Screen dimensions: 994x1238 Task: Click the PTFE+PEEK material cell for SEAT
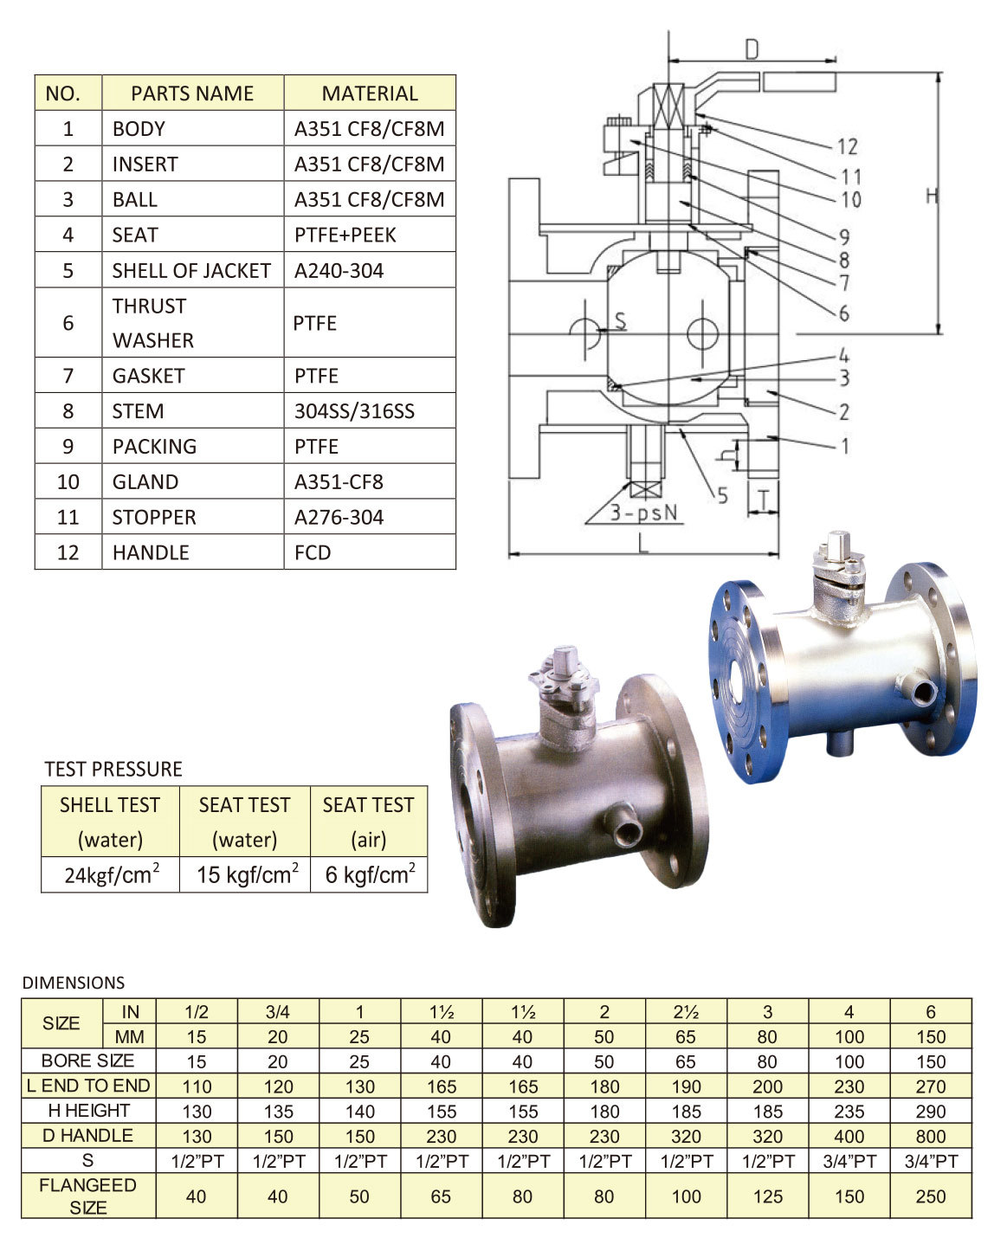pyautogui.click(x=345, y=235)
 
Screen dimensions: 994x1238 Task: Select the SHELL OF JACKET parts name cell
pyautogui.click(x=191, y=270)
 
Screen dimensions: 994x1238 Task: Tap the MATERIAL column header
pyautogui.click(x=370, y=93)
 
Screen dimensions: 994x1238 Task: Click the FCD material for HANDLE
pyautogui.click(x=313, y=552)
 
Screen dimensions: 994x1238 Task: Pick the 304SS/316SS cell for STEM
pyautogui.click(x=354, y=410)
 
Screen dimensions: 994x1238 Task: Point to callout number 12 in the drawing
pyautogui.click(x=847, y=146)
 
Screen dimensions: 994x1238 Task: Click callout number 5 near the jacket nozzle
pyautogui.click(x=722, y=495)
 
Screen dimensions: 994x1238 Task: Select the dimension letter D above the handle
pyautogui.click(x=752, y=49)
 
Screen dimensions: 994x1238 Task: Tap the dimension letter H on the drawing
pyautogui.click(x=932, y=197)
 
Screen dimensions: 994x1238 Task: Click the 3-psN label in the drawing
pyautogui.click(x=643, y=513)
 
